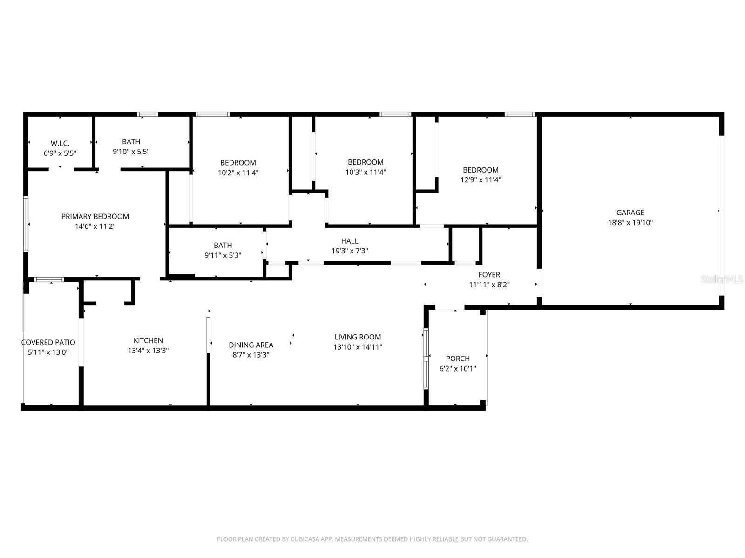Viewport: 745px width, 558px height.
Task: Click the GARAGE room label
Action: tap(630, 213)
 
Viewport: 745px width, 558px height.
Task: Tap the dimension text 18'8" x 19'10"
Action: tap(630, 223)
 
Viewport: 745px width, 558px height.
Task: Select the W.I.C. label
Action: tap(60, 143)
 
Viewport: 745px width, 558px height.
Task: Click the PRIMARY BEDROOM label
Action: tap(95, 216)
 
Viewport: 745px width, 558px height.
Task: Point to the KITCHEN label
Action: tap(148, 340)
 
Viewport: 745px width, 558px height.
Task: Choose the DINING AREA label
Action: tap(251, 345)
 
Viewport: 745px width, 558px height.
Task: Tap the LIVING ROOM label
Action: tap(358, 337)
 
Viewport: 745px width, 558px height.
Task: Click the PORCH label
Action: tap(458, 359)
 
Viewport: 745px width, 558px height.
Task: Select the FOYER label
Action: tap(489, 275)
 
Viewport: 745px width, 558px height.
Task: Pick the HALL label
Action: tap(350, 241)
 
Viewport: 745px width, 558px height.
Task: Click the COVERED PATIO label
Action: tap(48, 343)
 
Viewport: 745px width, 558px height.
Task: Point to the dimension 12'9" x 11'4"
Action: tap(481, 180)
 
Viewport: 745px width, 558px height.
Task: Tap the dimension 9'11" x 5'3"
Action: tap(223, 255)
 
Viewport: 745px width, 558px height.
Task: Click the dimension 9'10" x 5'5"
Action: tap(131, 152)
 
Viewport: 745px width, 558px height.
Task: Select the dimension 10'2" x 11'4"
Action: tap(238, 173)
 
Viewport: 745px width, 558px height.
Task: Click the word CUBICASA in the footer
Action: tap(305, 539)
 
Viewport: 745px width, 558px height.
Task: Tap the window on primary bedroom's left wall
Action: tap(26, 224)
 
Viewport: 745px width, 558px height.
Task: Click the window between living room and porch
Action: tap(426, 359)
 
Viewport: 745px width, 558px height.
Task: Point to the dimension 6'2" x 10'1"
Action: tap(458, 369)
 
